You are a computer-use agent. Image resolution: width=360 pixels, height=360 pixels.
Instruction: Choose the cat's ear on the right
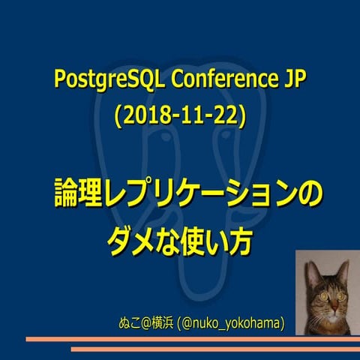(x=344, y=264)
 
